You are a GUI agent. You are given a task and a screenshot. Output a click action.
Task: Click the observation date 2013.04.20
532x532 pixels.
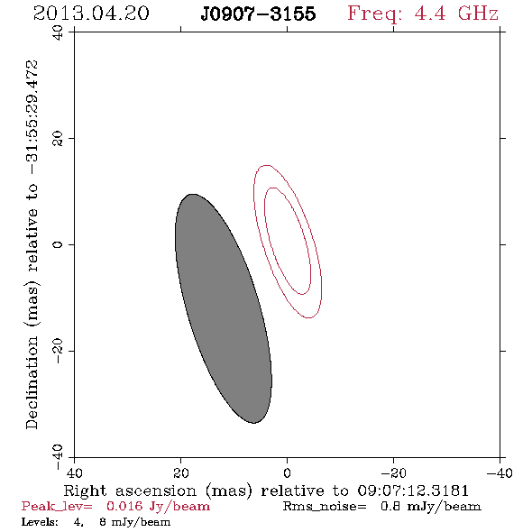tap(91, 14)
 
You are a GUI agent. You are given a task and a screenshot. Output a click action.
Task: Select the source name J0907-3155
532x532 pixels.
tap(258, 14)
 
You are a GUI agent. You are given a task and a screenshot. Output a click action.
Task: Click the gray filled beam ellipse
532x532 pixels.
tap(224, 308)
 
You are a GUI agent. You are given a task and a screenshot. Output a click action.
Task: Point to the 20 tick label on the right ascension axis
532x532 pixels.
tap(181, 472)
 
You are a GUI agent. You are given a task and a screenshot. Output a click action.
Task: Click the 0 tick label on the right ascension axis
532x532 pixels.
tap(287, 472)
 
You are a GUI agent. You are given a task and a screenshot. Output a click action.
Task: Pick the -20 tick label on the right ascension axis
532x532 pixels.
tap(393, 472)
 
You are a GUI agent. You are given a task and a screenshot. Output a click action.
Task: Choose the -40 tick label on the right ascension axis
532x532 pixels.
tap(500, 472)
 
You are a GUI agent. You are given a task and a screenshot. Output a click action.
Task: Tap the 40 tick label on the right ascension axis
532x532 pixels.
tap(74, 472)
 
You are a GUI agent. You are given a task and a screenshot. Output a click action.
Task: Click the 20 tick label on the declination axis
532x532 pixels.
tap(58, 139)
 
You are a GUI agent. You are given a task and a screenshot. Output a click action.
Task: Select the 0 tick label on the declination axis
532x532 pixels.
tap(58, 244)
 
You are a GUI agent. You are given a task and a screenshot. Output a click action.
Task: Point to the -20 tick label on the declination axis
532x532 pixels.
tap(58, 351)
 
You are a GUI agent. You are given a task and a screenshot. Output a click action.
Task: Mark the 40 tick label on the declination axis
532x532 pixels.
tap(58, 32)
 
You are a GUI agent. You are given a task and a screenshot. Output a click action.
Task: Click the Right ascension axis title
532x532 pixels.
tap(266, 491)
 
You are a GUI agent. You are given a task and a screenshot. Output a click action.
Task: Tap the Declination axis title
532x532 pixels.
tap(32, 244)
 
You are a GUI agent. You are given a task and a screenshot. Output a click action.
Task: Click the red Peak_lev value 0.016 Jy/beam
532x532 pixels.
tap(158, 507)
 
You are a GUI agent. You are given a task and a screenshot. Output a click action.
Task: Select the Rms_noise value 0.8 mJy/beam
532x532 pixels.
tap(430, 507)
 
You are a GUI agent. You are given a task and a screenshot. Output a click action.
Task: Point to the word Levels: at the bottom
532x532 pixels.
tap(40, 522)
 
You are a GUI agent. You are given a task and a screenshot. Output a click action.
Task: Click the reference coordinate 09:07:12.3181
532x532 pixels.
tap(413, 491)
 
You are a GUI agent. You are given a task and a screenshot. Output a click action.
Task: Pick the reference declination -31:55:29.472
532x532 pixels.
tap(32, 117)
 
